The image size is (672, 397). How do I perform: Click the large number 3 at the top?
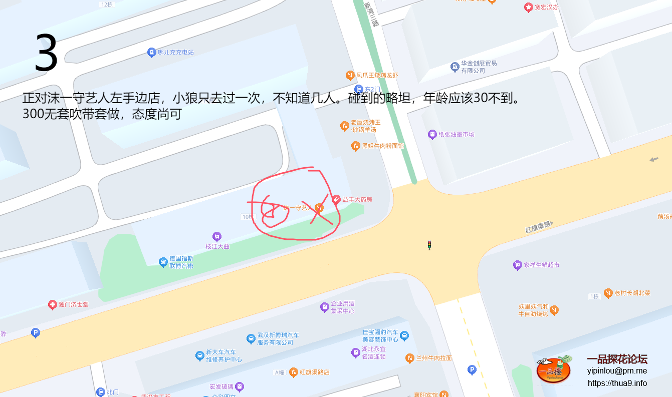click(x=46, y=53)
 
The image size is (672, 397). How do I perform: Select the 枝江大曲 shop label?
click(x=217, y=246)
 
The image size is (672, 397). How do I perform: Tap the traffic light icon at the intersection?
click(x=429, y=245)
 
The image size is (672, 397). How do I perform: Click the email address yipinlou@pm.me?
click(x=617, y=371)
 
